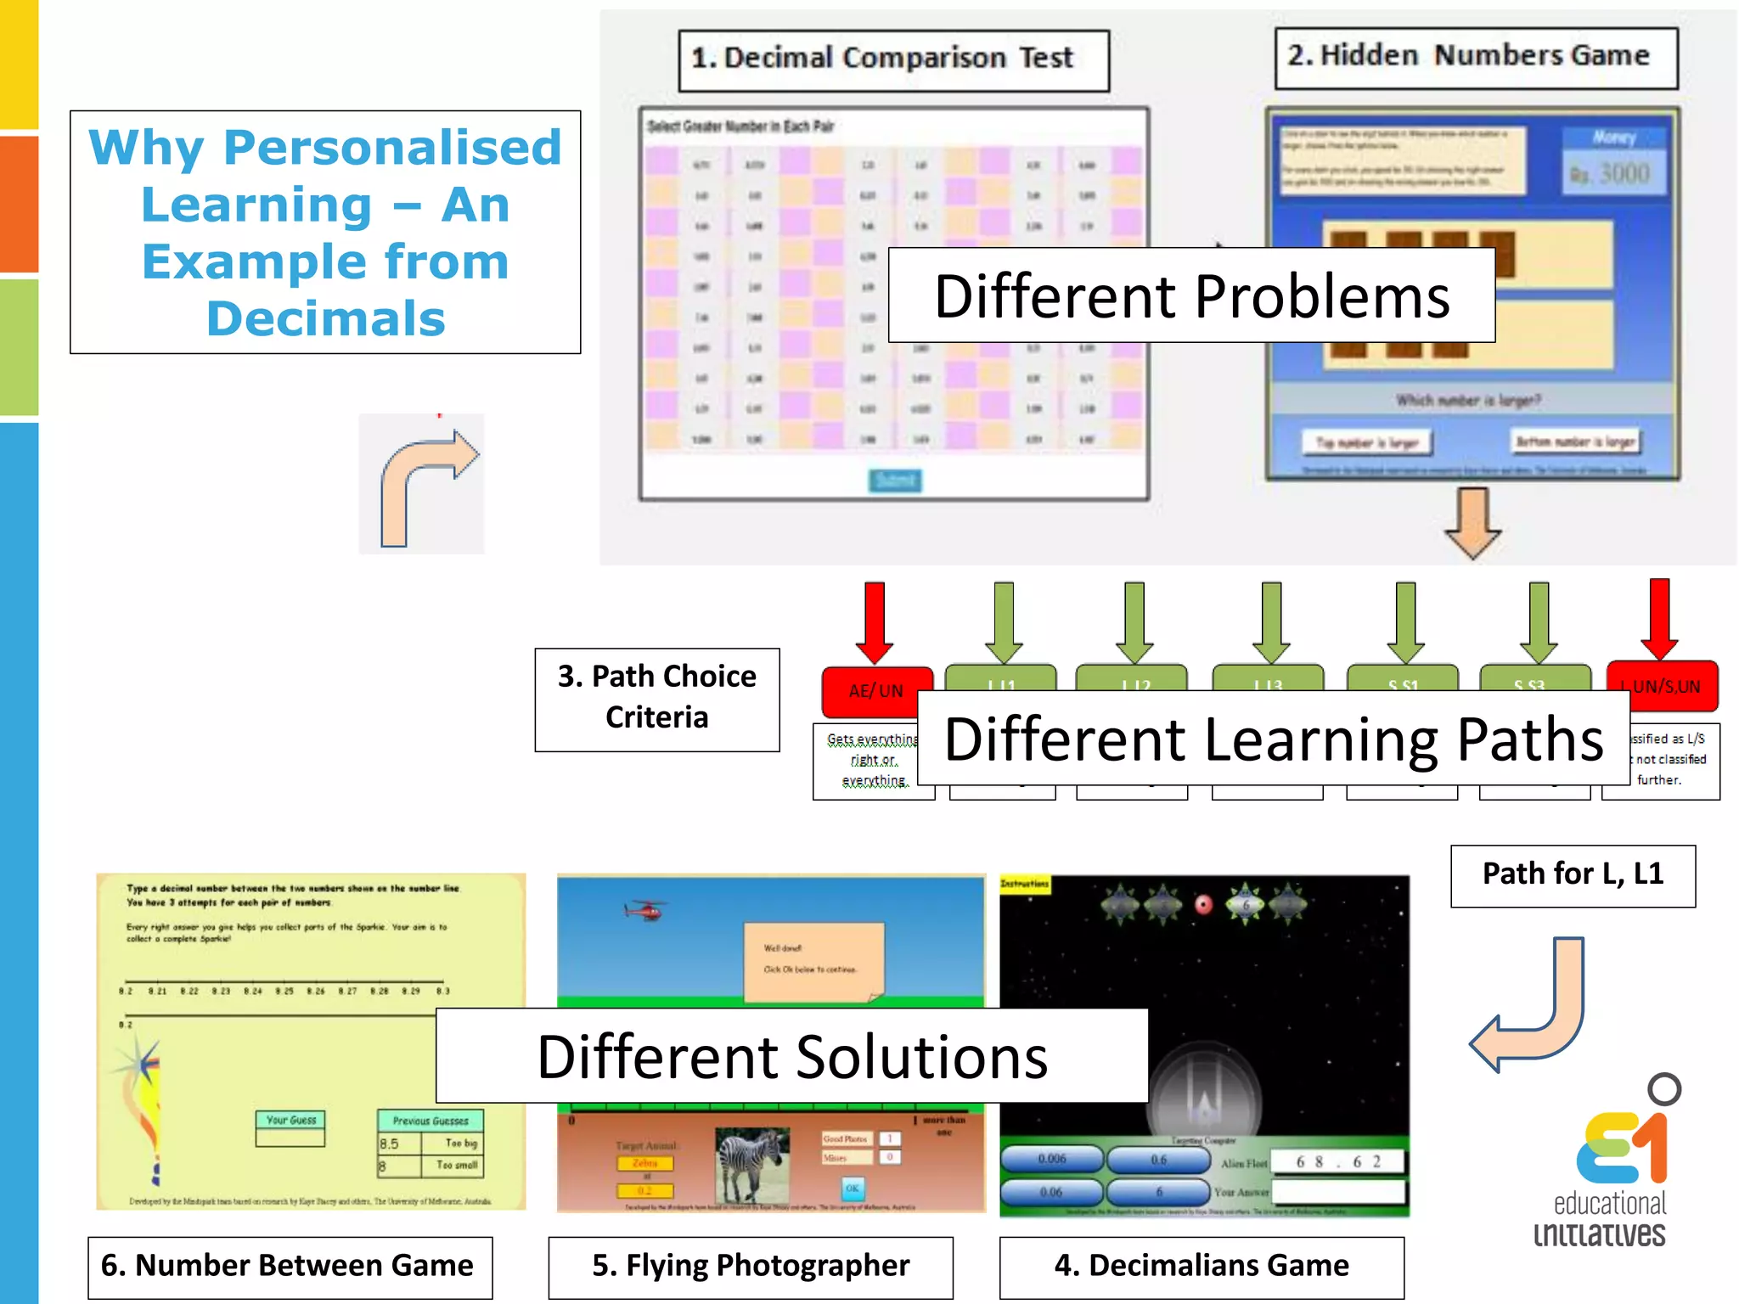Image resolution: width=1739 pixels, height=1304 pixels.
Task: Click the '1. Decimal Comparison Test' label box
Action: pyautogui.click(x=893, y=60)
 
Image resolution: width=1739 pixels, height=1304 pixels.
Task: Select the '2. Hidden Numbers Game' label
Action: pyautogui.click(x=1476, y=58)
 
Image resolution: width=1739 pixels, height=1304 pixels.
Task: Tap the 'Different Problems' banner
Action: pyautogui.click(x=1191, y=295)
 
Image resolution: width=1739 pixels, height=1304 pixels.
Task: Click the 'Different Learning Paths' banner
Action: pyautogui.click(x=1273, y=738)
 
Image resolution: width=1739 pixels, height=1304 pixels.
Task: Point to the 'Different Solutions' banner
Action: pyautogui.click(x=791, y=1056)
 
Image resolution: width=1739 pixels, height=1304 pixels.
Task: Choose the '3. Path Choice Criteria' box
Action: pyautogui.click(x=656, y=699)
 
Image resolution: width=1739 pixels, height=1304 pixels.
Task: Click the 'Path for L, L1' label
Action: pyautogui.click(x=1573, y=875)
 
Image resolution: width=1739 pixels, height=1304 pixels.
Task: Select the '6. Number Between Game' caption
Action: pyautogui.click(x=290, y=1267)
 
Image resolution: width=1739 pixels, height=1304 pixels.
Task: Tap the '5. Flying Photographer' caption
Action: pyautogui.click(x=751, y=1267)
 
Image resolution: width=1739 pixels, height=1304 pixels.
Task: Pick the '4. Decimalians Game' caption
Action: pyautogui.click(x=1202, y=1267)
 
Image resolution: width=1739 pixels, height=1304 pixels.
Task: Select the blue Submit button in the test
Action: pyautogui.click(x=895, y=481)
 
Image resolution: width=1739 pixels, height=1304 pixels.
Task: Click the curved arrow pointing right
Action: pyautogui.click(x=423, y=484)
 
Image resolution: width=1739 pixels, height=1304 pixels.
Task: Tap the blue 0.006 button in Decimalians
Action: pyautogui.click(x=1051, y=1158)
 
